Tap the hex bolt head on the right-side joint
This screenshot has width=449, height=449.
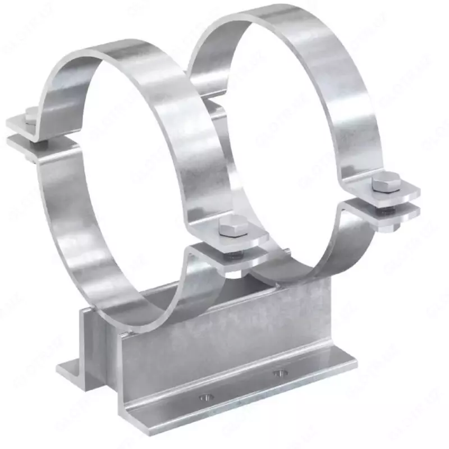point(384,182)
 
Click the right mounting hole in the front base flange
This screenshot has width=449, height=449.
point(279,373)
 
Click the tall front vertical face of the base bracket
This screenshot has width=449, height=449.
point(224,348)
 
